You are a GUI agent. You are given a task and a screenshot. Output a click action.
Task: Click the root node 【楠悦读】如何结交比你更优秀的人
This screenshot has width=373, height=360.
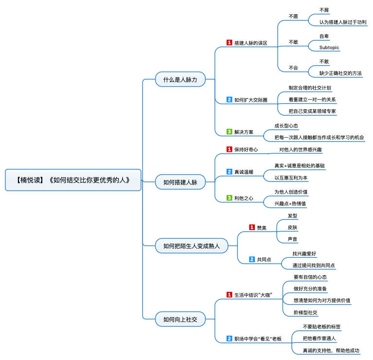click(73, 180)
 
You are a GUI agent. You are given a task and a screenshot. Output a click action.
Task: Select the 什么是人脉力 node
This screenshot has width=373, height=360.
click(180, 79)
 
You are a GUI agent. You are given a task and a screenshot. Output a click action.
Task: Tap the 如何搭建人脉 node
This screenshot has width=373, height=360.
click(180, 182)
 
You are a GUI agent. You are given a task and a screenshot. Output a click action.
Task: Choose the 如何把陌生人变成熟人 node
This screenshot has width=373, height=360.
click(192, 246)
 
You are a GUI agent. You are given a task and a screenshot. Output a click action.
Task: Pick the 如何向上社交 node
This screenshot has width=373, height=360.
click(180, 319)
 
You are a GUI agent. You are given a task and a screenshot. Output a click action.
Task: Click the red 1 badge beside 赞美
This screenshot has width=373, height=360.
click(252, 227)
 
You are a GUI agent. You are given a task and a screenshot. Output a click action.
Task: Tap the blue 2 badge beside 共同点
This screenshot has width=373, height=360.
click(252, 259)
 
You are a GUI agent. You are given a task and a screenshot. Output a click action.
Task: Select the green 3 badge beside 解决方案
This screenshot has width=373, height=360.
click(230, 131)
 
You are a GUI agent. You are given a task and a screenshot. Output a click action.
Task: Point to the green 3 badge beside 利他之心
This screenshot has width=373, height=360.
click(230, 198)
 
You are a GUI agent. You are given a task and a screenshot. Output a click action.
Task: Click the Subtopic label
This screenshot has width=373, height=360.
click(329, 47)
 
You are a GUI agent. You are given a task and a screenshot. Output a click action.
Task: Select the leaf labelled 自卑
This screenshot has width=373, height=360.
click(324, 36)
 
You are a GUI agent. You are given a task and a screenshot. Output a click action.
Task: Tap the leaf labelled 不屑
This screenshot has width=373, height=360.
click(324, 10)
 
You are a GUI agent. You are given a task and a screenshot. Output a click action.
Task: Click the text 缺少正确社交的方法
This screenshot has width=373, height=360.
click(340, 73)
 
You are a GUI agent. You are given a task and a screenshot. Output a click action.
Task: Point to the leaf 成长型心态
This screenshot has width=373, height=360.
click(286, 126)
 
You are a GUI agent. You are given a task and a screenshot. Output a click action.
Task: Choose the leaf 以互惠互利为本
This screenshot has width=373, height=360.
click(291, 178)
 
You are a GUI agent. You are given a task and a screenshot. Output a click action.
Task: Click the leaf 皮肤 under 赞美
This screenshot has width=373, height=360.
click(292, 228)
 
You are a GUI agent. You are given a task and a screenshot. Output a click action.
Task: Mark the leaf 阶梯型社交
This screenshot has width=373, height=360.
click(305, 312)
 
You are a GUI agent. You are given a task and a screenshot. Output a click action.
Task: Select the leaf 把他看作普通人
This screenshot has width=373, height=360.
click(319, 338)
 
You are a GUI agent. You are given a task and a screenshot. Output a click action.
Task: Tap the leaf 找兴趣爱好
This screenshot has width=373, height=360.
click(304, 253)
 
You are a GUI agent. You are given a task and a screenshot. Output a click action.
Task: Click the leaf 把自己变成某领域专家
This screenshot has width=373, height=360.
click(312, 111)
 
